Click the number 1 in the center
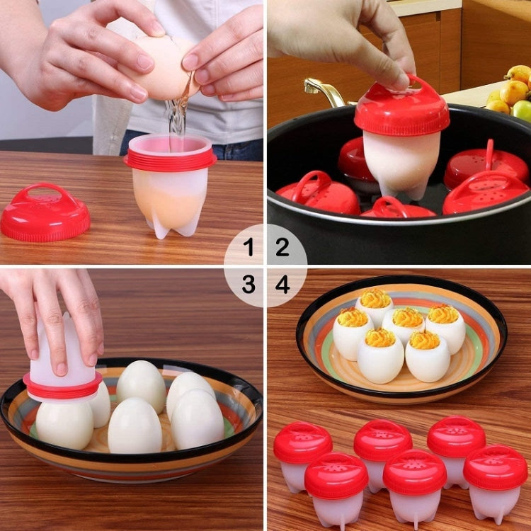point(249,247)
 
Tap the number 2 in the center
point(282,247)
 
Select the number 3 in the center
point(249,285)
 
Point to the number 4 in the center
point(282,285)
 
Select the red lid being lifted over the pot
point(401,110)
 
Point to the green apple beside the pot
point(523,110)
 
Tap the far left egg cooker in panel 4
point(302,453)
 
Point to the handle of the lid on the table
point(44,193)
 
